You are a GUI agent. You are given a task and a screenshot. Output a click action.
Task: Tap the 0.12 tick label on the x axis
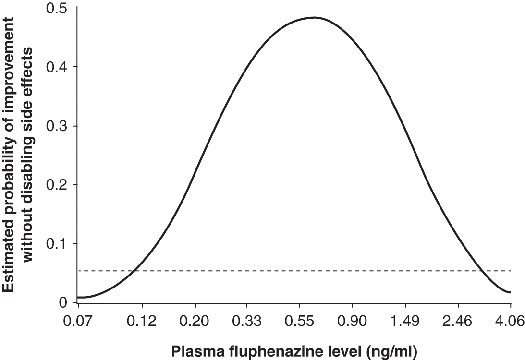pos(142,322)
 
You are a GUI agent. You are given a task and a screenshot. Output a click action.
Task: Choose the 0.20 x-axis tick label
pos(195,322)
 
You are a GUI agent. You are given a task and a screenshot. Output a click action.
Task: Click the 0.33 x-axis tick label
pos(247,322)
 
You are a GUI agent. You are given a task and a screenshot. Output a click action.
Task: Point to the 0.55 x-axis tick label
pos(299,322)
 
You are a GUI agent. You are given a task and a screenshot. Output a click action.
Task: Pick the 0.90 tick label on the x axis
pos(352,322)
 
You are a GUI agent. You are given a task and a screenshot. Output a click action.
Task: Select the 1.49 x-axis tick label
pos(405,322)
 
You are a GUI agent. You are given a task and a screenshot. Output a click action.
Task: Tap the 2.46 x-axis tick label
pos(457,322)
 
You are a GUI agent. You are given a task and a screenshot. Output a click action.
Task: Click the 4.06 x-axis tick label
pos(510,322)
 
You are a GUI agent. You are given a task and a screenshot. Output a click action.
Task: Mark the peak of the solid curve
pos(315,17)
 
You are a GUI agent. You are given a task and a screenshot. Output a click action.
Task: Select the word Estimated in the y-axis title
pos(8,265)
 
